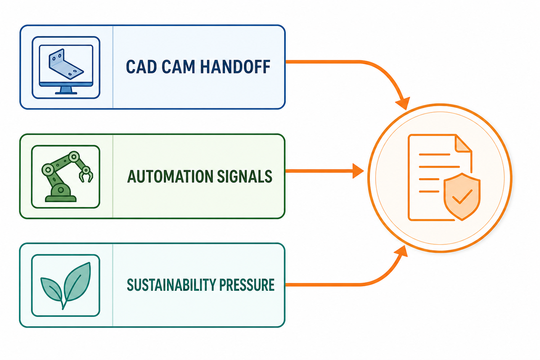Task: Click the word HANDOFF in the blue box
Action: click(235, 67)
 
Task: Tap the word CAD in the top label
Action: click(141, 67)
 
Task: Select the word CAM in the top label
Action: click(178, 67)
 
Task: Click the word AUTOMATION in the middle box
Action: click(170, 176)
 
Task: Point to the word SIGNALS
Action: click(245, 176)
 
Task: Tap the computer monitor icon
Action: click(66, 69)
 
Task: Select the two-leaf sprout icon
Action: click(66, 286)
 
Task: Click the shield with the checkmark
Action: click(462, 197)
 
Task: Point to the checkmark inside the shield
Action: click(462, 197)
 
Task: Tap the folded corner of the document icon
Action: click(463, 144)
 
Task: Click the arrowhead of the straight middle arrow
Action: click(358, 171)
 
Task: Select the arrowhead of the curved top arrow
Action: click(403, 103)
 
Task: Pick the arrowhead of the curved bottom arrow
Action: click(402, 252)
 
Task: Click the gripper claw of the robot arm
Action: click(86, 175)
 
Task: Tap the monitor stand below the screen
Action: click(66, 90)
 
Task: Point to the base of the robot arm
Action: click(61, 193)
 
